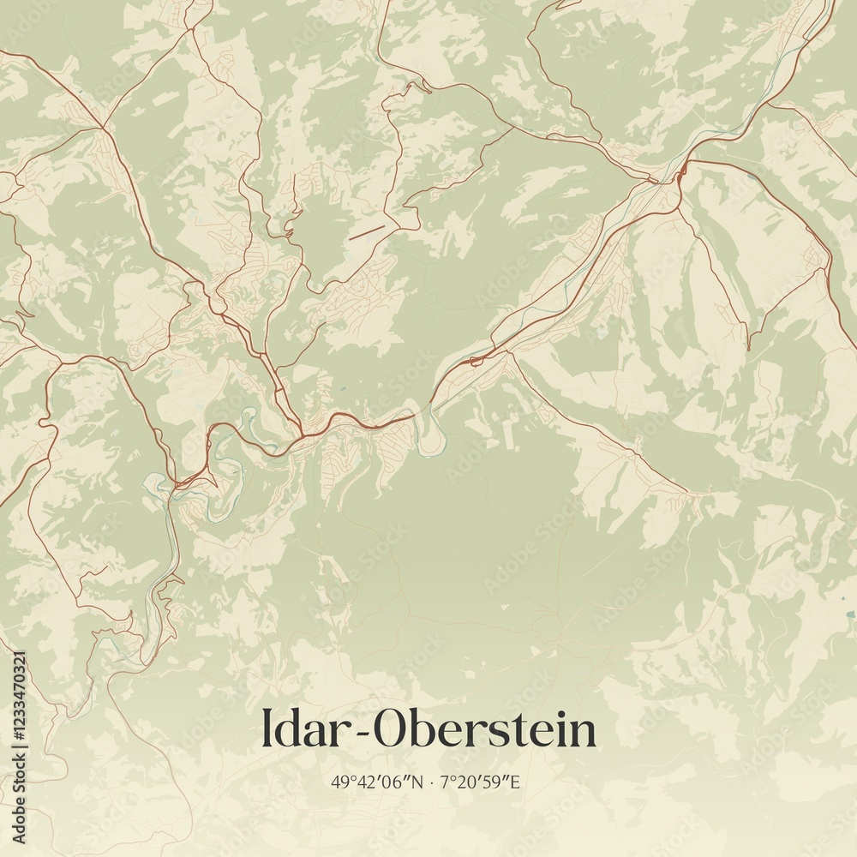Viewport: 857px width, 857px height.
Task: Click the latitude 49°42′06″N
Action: (377, 782)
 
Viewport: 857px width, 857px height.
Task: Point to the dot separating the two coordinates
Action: (433, 782)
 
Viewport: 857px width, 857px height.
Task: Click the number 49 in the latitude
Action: (339, 782)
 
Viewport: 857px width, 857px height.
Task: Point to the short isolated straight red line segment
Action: (367, 231)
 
